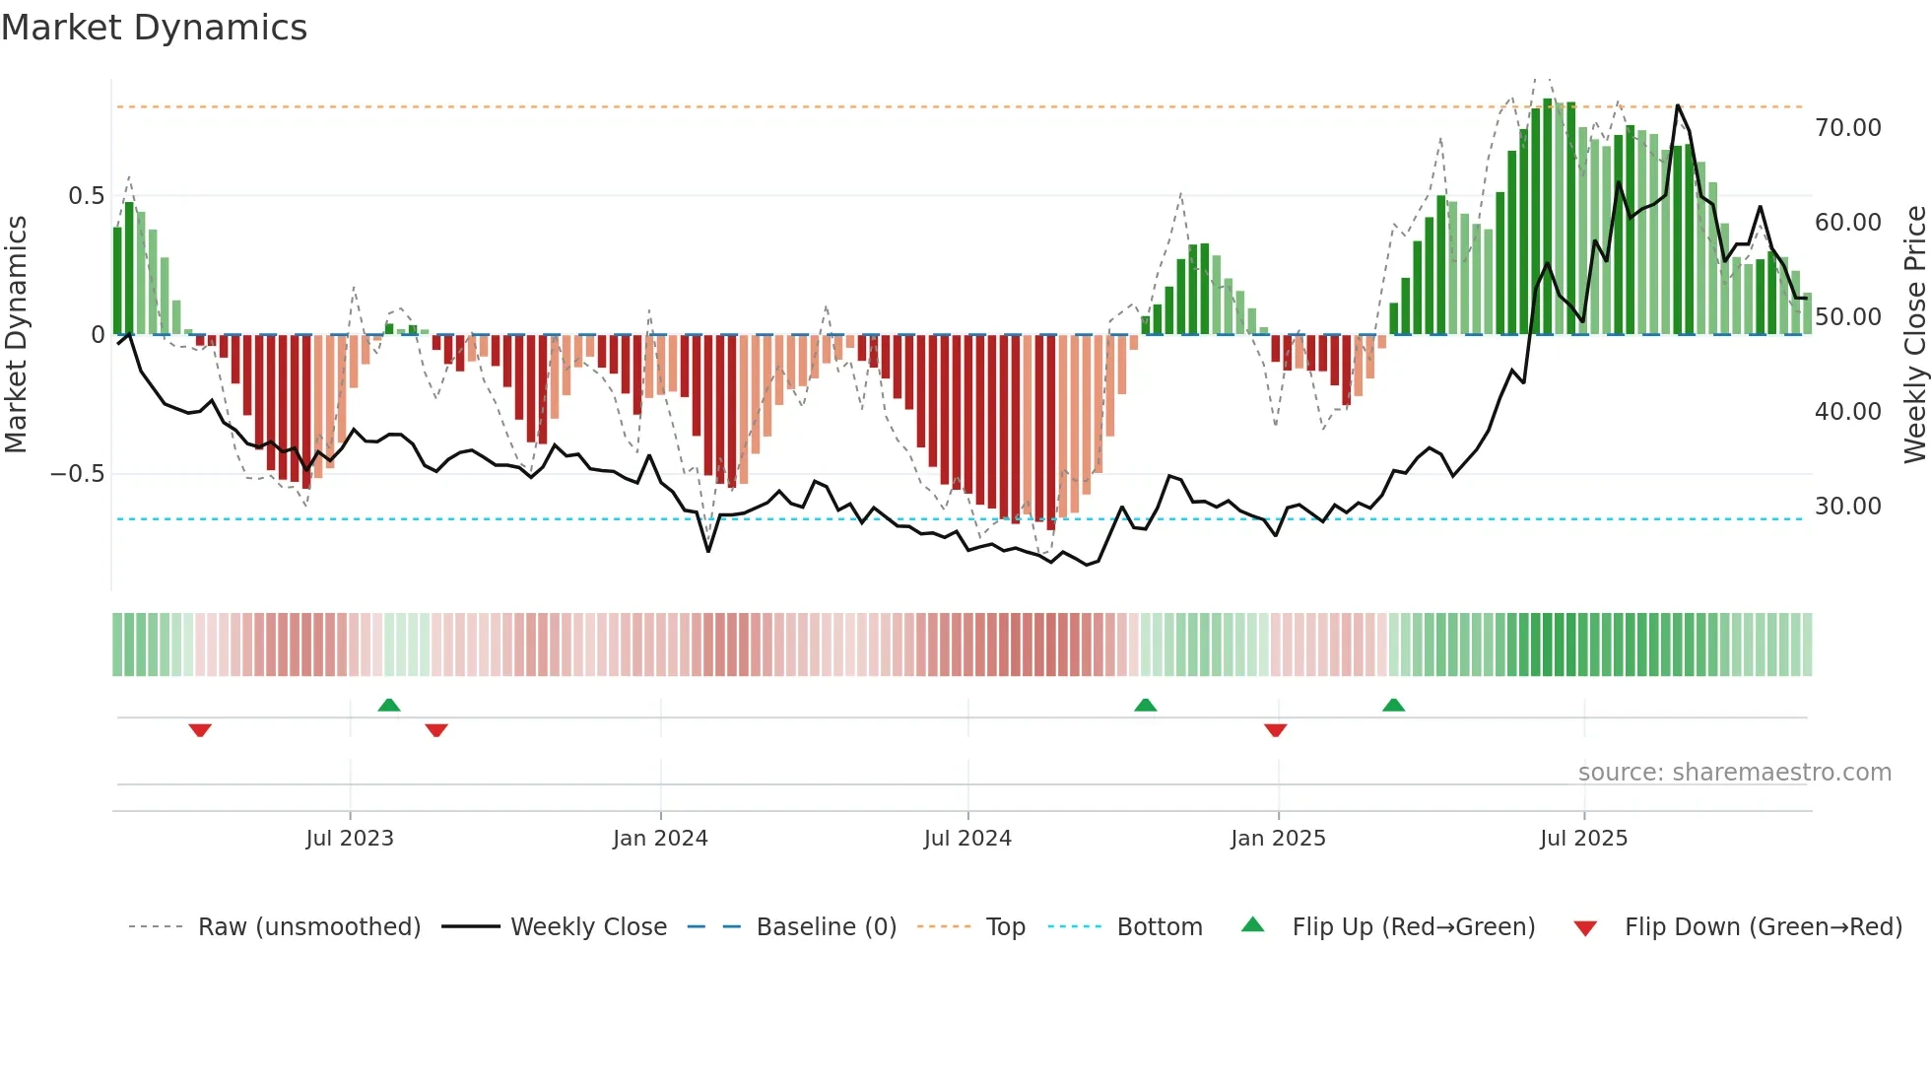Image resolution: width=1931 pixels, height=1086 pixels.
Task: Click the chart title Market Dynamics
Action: tap(154, 28)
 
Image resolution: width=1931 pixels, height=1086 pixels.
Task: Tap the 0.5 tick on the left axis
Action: tap(86, 196)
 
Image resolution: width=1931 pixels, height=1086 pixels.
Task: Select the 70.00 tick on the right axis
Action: tap(1847, 128)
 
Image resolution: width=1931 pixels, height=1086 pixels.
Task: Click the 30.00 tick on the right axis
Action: tap(1847, 507)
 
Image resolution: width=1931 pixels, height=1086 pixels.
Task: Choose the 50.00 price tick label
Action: tap(1847, 317)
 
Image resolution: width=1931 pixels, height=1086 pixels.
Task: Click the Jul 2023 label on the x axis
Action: tap(350, 839)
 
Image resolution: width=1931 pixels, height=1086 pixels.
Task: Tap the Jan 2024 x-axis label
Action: tap(660, 839)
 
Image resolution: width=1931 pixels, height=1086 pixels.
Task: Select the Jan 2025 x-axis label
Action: tap(1278, 839)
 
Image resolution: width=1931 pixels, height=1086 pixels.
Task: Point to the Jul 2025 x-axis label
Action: tap(1583, 839)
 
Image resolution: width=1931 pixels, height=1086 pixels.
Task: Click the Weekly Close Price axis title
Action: tap(1914, 335)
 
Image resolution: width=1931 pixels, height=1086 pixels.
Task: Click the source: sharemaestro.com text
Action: tap(1734, 773)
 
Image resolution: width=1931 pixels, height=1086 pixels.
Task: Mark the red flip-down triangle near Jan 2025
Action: tap(1275, 730)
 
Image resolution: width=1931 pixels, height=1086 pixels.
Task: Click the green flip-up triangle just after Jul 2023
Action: tap(389, 705)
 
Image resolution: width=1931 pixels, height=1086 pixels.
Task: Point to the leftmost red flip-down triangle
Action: tap(200, 730)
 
